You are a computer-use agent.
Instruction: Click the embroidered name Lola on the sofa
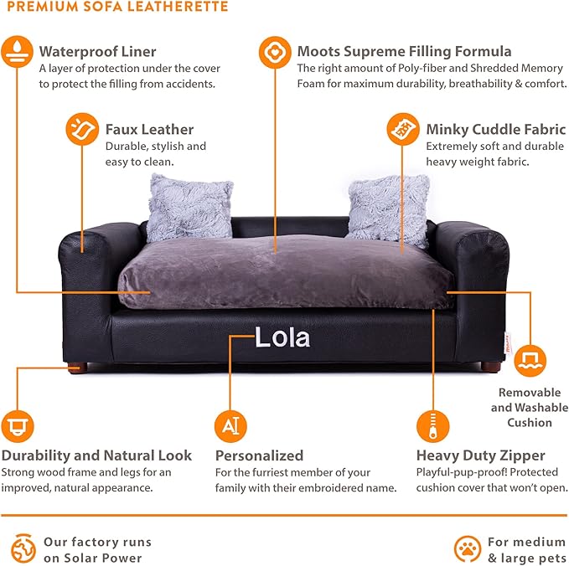point(282,338)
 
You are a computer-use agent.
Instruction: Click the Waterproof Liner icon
point(17,52)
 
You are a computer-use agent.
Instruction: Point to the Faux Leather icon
point(82,130)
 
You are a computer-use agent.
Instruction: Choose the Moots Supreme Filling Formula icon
point(275,52)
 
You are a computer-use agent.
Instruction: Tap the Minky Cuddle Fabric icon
point(403,130)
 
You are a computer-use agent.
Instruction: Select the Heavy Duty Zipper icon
point(433,426)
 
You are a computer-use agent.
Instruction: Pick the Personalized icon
point(230,426)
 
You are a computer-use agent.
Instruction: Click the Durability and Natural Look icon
point(17,426)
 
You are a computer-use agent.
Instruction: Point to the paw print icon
point(468,548)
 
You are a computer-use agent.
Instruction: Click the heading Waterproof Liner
point(97,51)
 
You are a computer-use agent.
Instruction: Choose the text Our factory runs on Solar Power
point(92,549)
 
